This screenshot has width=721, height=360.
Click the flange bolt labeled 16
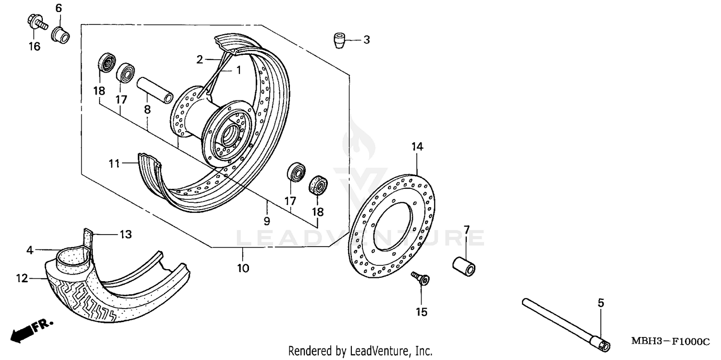35,22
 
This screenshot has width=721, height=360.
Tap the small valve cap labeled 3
340,40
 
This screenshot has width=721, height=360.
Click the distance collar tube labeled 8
154,89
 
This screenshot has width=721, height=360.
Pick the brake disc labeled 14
390,226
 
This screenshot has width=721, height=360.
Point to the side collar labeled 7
463,266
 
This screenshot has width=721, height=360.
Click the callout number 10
243,268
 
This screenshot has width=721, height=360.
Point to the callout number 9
267,221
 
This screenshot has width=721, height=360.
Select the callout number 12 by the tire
22,278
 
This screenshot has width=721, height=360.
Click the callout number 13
125,235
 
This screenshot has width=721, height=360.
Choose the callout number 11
113,164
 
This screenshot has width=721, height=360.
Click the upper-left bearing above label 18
106,63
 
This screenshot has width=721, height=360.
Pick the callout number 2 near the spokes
200,60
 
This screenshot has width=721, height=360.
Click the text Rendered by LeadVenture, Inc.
360,351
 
